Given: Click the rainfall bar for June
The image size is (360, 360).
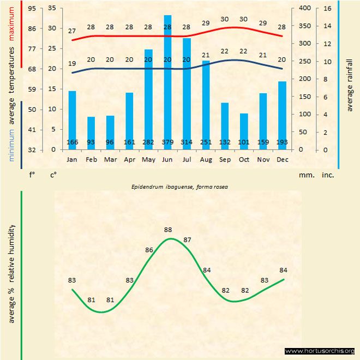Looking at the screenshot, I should [x=167, y=82].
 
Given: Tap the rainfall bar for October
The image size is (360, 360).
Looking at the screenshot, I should [x=244, y=131].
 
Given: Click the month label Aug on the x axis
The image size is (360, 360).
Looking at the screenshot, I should [x=206, y=160].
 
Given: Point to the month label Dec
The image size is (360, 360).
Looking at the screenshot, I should [x=282, y=160].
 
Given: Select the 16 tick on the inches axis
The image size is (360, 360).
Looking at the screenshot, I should [x=327, y=8].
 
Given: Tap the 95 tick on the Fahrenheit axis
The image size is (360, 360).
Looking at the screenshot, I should [x=33, y=8].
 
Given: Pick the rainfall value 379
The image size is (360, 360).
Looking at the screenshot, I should [x=167, y=143].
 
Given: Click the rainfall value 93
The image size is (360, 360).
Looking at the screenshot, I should [x=91, y=143].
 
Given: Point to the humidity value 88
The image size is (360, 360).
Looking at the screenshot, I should [x=168, y=230].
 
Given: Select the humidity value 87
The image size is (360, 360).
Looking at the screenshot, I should [x=187, y=240].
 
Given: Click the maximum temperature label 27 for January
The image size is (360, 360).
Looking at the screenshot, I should [x=72, y=31].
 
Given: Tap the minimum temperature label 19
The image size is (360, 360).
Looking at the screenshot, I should [x=72, y=63].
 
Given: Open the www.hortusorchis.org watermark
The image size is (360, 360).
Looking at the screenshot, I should [x=320, y=351].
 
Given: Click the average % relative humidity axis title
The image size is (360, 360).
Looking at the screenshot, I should [x=11, y=273].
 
